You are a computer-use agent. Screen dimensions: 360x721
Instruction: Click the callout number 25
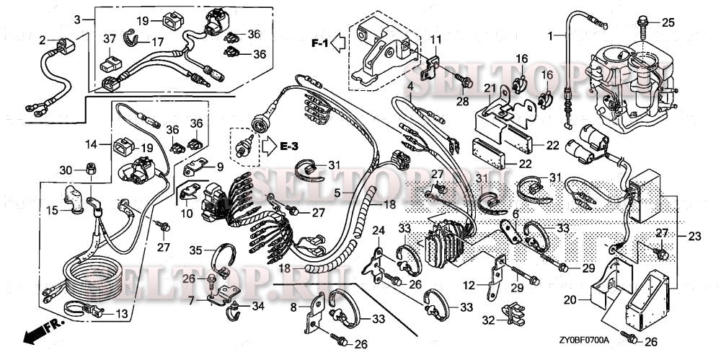tap(668, 22)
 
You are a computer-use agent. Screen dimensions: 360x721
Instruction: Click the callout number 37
tap(110, 38)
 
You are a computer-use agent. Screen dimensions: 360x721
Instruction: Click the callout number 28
tap(461, 101)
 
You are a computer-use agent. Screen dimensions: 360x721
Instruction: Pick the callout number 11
tap(436, 38)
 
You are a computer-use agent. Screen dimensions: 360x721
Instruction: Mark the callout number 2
tap(43, 40)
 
